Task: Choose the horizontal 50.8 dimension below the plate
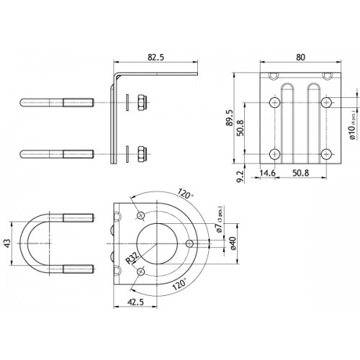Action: click(x=300, y=173)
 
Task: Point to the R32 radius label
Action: click(x=132, y=257)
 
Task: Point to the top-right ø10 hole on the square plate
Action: click(x=327, y=102)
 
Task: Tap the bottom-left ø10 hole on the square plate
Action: click(x=275, y=153)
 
